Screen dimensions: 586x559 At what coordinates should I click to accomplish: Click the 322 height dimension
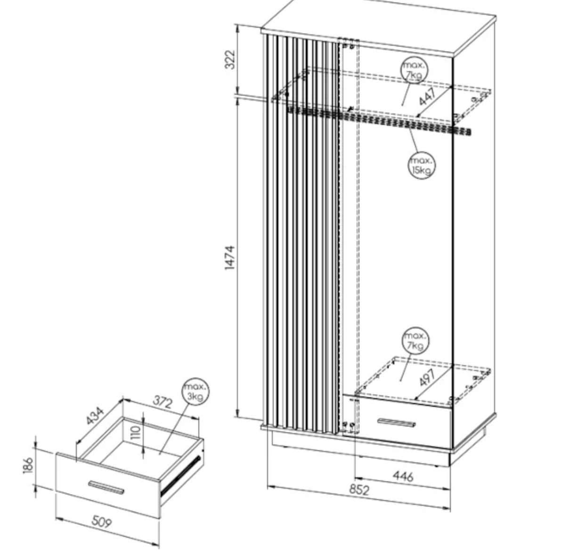230,59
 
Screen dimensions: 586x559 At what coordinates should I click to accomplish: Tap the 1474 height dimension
230,258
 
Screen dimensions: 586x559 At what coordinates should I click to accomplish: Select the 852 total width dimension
359,490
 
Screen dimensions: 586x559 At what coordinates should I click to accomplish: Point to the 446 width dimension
403,476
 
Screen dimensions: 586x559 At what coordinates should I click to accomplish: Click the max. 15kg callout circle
421,165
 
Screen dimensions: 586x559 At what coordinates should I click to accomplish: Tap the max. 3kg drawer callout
195,392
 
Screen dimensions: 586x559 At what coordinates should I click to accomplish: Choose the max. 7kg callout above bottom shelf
415,340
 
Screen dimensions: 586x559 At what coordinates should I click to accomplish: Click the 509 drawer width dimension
102,522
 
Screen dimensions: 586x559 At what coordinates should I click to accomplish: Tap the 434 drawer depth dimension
95,416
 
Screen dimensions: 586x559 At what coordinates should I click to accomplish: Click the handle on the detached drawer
106,487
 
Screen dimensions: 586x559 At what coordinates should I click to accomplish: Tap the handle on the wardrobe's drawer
397,422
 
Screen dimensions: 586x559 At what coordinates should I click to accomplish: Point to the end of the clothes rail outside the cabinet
469,132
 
